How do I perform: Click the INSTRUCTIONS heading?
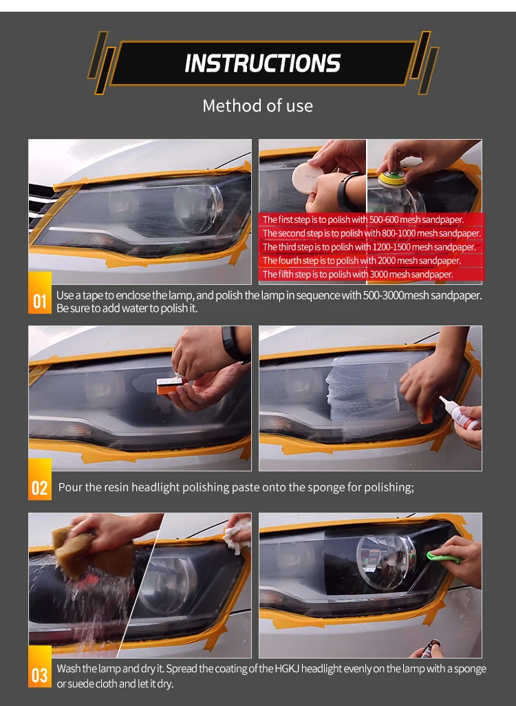click(x=263, y=63)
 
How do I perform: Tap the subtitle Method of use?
click(x=257, y=106)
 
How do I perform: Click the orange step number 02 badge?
click(x=40, y=480)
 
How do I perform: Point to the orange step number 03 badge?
click(x=40, y=667)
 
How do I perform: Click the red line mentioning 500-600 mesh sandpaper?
click(x=363, y=220)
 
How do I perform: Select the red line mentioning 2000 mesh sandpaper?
click(x=362, y=261)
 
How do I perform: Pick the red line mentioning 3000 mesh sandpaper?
click(x=358, y=274)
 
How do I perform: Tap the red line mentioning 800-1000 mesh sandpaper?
click(x=372, y=233)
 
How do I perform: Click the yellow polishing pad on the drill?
click(x=391, y=180)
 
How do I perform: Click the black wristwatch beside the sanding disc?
click(x=347, y=191)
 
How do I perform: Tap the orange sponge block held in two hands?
click(x=170, y=385)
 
